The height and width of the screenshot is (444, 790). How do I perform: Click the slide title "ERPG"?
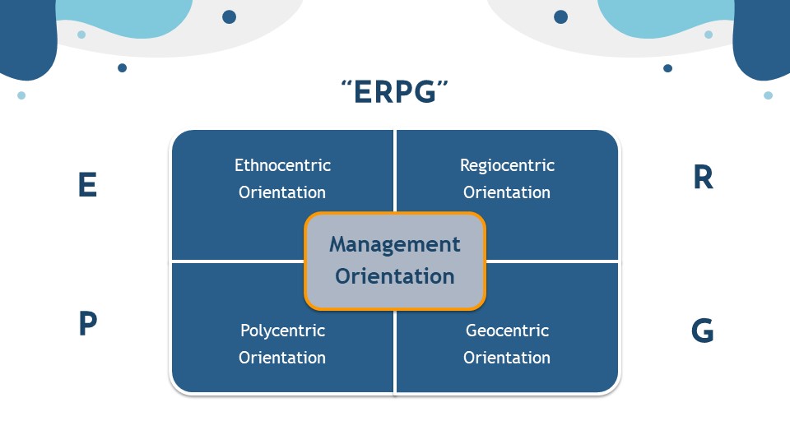point(394,91)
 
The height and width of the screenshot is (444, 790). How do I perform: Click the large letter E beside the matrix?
point(88,185)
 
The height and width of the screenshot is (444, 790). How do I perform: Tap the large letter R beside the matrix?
point(704,178)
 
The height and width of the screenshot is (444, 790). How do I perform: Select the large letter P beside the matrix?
point(88,323)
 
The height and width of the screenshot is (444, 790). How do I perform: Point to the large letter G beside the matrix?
point(702,331)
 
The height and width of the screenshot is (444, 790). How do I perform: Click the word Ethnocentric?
point(282,165)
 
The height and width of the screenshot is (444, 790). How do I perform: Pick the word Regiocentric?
point(508,165)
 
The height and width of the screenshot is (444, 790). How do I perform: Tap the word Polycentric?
point(282,331)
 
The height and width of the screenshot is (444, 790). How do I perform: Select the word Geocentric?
point(508,331)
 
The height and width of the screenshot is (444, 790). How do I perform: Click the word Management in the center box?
point(395,245)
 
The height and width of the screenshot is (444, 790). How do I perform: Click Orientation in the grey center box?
point(395,276)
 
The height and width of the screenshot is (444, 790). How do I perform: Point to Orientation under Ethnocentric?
point(282,192)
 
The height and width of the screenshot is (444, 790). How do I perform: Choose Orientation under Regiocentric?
point(507,192)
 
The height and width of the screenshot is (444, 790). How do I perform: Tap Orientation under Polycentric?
point(282,358)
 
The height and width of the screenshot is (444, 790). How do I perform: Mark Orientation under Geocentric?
point(507,358)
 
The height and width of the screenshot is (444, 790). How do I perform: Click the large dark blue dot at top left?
point(230,16)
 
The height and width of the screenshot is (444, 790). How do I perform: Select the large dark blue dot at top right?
point(560,16)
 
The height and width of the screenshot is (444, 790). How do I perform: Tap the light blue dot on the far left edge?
point(21,95)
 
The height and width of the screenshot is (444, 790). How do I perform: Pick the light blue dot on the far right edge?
point(769,95)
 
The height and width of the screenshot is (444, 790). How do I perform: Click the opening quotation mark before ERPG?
point(346,84)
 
